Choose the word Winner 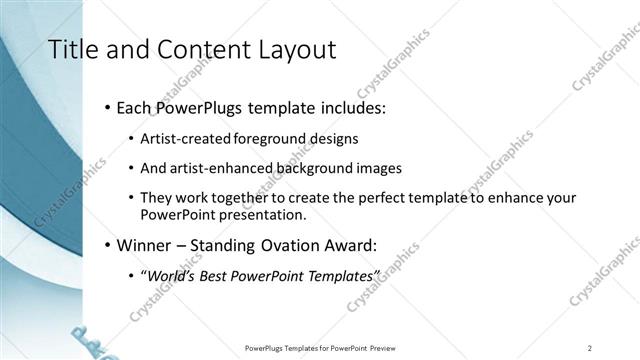click(148, 244)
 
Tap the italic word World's click(173, 275)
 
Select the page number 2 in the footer click(590, 348)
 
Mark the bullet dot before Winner click(108, 244)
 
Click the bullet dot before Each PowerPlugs click(108, 108)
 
